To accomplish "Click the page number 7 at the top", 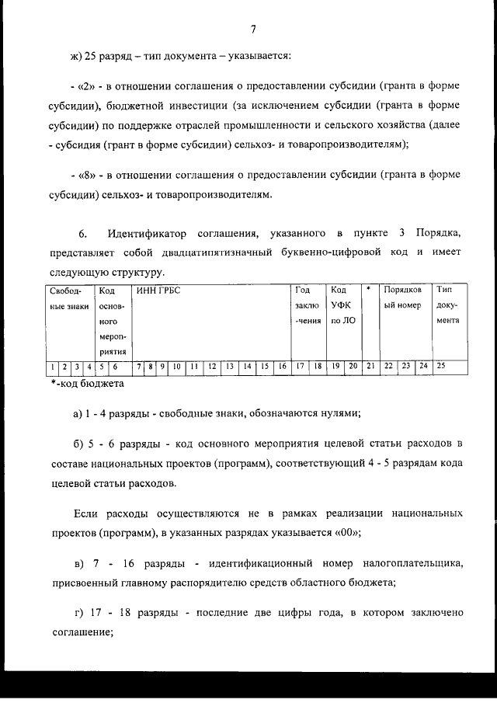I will tap(253, 30).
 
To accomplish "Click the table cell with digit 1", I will tap(52, 366).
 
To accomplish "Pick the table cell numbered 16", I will tap(282, 366).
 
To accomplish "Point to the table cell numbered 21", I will tap(370, 366).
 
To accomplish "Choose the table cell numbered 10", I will tap(177, 366).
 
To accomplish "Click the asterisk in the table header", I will tap(368, 290).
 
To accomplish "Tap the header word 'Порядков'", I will tap(403, 291).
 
